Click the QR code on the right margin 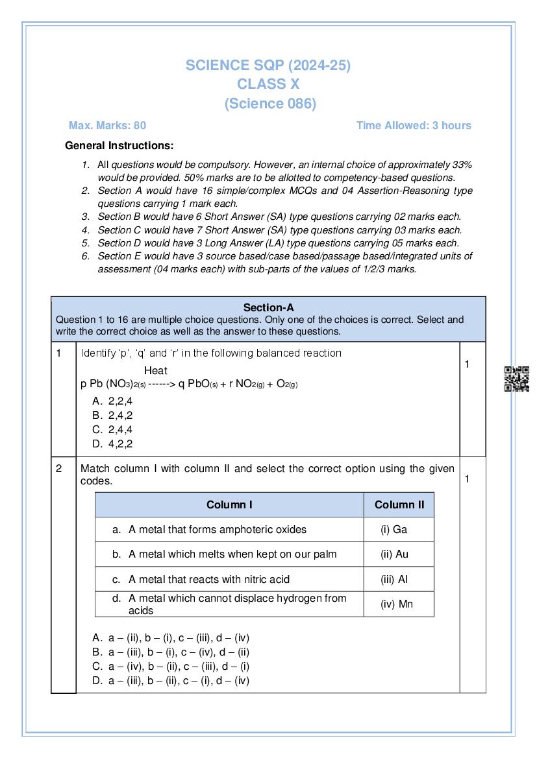point(517,379)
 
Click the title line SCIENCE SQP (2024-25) point(268,65)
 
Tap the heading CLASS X point(268,84)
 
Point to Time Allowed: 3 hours point(414,125)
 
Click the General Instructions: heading point(119,146)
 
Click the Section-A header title point(268,307)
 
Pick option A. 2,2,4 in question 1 point(113,401)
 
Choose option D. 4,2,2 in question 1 point(113,444)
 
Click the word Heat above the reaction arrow point(155,371)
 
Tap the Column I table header point(229,504)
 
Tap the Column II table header point(399,504)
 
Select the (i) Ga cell point(394,529)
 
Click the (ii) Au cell point(394,554)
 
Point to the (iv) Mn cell point(396,604)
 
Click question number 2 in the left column point(59,468)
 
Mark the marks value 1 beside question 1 point(466,364)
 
